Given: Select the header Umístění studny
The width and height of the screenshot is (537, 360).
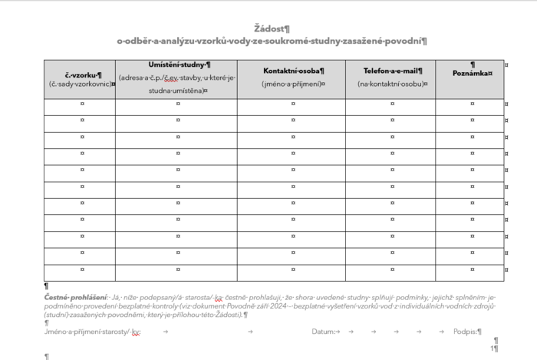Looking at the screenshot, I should [176, 64].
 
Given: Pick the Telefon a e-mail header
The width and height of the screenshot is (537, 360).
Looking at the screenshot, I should [390, 71].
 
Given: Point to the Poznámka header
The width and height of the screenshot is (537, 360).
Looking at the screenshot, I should [471, 73].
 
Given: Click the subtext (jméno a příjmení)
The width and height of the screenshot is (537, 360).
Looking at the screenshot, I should [292, 84].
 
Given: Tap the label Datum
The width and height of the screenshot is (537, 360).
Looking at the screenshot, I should [323, 332].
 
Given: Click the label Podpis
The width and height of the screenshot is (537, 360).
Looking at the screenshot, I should [465, 332].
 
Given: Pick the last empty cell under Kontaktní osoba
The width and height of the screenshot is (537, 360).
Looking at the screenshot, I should [292, 272].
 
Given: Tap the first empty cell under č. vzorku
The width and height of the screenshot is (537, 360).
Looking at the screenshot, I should [80, 104].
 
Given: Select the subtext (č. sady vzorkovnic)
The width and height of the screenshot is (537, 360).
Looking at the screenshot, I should [80, 84].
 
